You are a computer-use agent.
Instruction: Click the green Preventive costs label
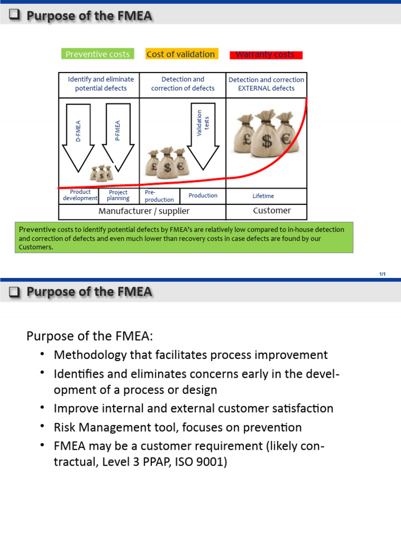(98, 54)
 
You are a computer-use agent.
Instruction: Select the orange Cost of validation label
(181, 54)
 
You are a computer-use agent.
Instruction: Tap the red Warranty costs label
(265, 54)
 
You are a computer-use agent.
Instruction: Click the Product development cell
(80, 195)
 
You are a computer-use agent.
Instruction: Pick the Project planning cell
(118, 195)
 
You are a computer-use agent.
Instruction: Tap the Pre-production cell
(159, 196)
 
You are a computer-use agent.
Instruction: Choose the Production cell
(203, 195)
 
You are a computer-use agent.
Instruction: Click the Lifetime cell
(263, 196)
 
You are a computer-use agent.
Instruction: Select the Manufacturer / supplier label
(144, 211)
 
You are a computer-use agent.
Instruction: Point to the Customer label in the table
(272, 211)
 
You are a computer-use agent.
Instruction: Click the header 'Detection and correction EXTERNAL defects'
(266, 84)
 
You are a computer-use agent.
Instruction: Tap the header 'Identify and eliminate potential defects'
(101, 84)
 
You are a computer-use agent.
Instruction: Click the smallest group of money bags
(101, 173)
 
